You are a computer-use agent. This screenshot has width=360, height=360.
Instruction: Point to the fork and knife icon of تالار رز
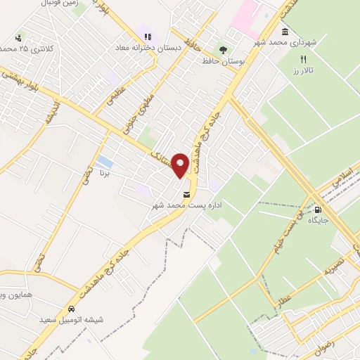click(x=304, y=60)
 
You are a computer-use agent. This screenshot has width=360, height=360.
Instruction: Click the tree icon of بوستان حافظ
click(x=223, y=49)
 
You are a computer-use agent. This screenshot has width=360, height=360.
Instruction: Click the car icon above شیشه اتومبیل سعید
click(x=71, y=309)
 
